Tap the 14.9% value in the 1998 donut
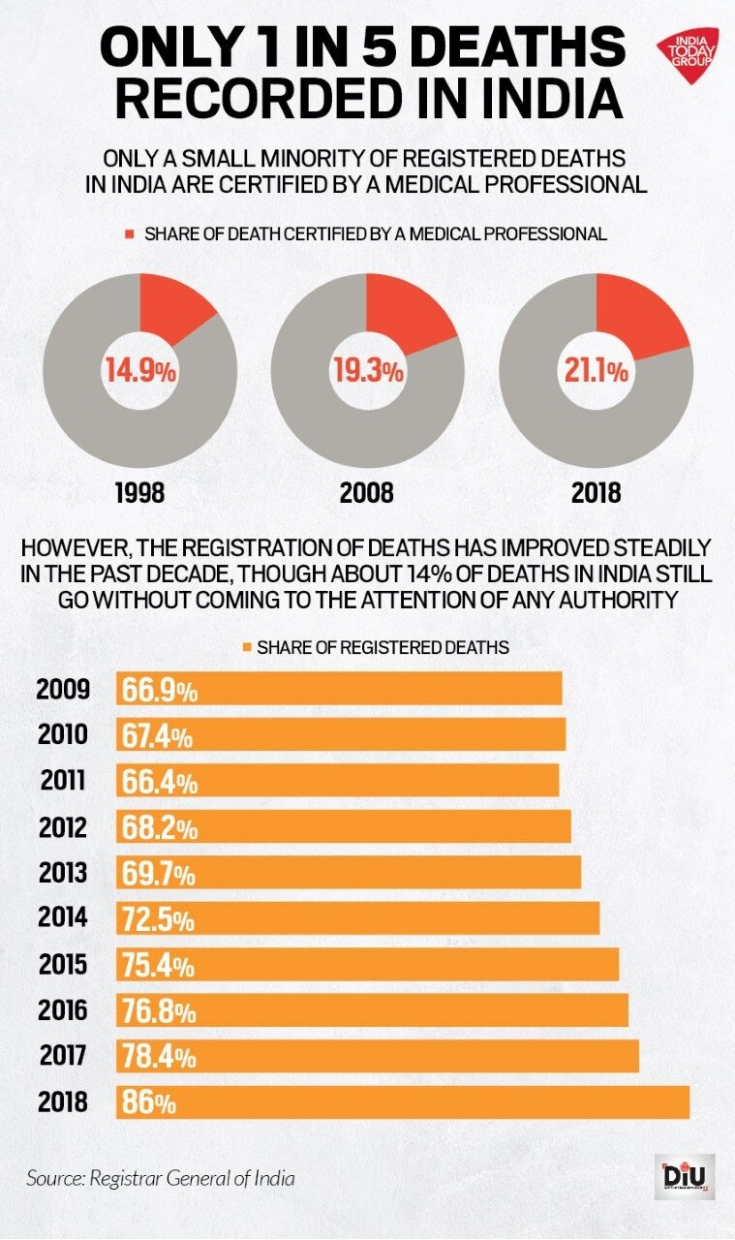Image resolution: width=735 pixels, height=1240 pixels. tap(140, 369)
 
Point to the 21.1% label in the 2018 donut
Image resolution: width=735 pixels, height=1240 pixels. tap(597, 370)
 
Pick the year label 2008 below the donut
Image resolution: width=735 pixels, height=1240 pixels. tap(367, 492)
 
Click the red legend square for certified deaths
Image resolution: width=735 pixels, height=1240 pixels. tap(130, 234)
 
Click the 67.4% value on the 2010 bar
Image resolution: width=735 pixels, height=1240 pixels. tap(160, 735)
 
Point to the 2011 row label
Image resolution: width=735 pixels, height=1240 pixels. tap(64, 781)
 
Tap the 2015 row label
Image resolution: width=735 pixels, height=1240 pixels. tap(64, 964)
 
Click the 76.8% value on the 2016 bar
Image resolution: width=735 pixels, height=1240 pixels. tap(160, 1011)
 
